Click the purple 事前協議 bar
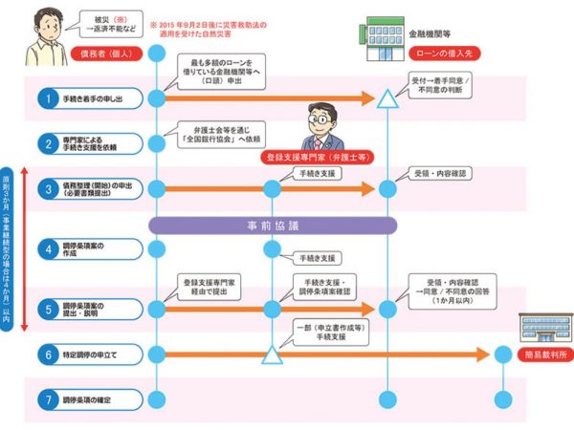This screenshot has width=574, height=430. coord(273,226)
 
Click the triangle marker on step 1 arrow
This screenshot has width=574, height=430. coord(387,97)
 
